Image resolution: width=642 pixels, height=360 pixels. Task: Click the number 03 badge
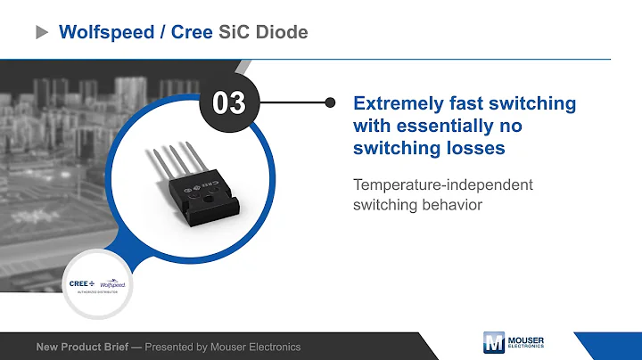pos(228,102)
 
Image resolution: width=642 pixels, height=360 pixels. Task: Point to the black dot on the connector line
pos(330,102)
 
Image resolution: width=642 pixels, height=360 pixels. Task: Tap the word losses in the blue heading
pos(473,148)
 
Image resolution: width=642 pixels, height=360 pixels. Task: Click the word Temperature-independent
pos(442,184)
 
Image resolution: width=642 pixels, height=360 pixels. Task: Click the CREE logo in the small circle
pos(82,283)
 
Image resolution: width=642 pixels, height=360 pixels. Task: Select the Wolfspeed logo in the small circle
pos(112,284)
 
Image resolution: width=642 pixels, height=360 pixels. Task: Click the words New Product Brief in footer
pos(85,347)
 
